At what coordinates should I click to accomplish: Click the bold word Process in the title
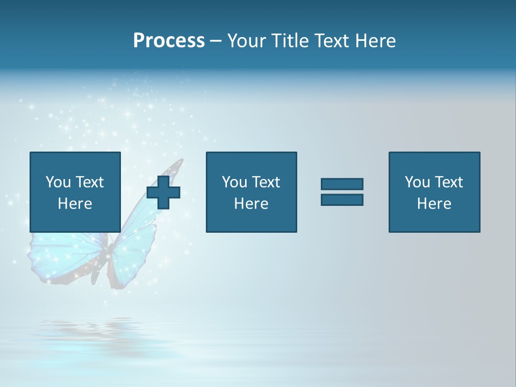(x=169, y=41)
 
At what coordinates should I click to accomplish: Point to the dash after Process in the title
(x=216, y=41)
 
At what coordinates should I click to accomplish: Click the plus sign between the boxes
(x=163, y=192)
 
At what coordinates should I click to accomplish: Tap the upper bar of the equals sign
(x=342, y=184)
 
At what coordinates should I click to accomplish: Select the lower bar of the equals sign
(x=342, y=200)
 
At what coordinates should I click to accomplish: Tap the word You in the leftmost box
(x=59, y=182)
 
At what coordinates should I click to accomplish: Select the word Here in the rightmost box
(x=434, y=204)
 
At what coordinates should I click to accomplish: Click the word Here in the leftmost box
(x=75, y=204)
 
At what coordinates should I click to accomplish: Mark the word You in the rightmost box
(x=418, y=182)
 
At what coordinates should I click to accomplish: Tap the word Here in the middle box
(x=251, y=204)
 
